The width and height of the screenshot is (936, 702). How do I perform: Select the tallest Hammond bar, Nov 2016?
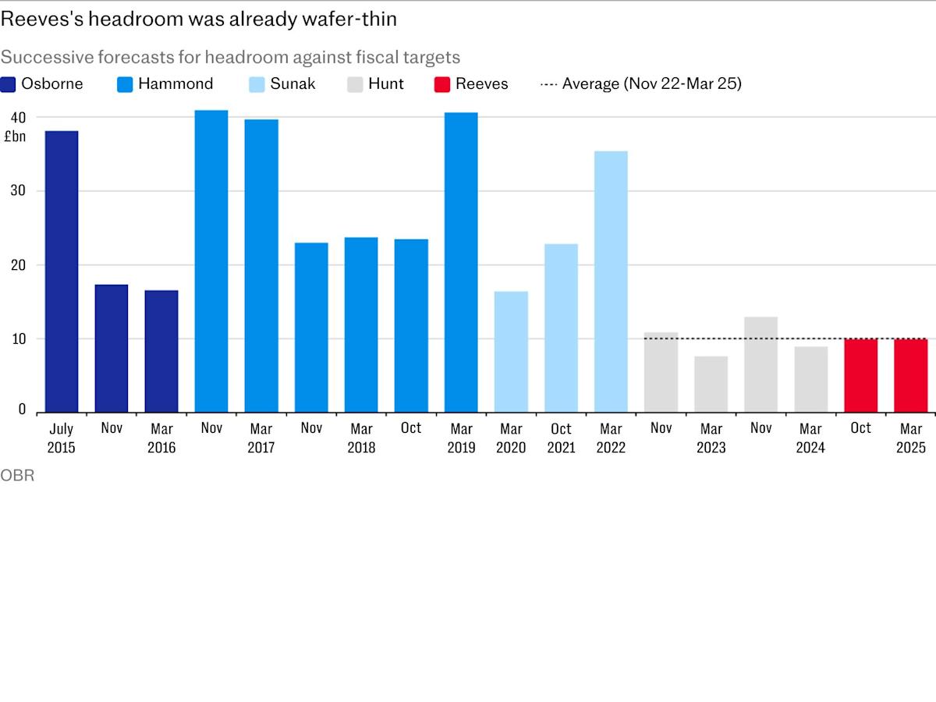pyautogui.click(x=211, y=261)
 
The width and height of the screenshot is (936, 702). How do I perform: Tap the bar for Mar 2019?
pyautogui.click(x=461, y=262)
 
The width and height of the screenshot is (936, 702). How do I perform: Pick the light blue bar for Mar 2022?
pyautogui.click(x=611, y=282)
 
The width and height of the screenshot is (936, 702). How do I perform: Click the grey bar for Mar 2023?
pyautogui.click(x=711, y=384)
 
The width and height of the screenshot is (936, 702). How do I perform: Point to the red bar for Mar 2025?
pyautogui.click(x=910, y=375)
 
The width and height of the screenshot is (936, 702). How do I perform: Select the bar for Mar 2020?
pyautogui.click(x=511, y=352)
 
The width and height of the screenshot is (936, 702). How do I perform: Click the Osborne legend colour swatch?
pyautogui.click(x=9, y=84)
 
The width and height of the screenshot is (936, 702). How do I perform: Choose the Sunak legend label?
pyautogui.click(x=292, y=84)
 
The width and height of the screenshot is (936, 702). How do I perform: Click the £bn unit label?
pyautogui.click(x=15, y=136)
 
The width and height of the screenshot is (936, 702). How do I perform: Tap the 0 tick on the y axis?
pyautogui.click(x=22, y=409)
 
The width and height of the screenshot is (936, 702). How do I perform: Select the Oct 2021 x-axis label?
pyautogui.click(x=561, y=438)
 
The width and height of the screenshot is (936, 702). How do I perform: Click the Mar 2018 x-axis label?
pyautogui.click(x=361, y=438)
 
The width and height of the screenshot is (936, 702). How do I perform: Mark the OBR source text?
pyautogui.click(x=17, y=475)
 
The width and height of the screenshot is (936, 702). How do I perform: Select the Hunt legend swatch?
pyautogui.click(x=355, y=84)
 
